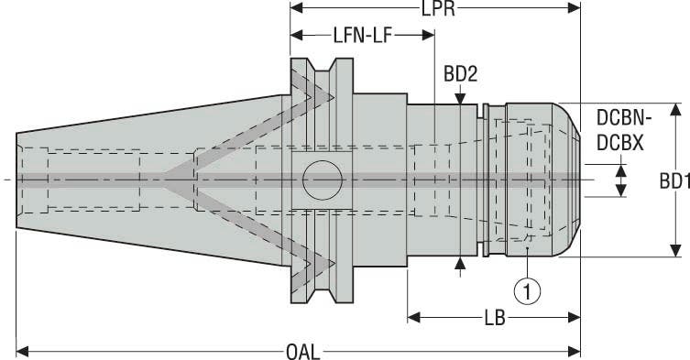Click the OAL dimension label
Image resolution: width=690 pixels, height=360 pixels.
pyautogui.click(x=299, y=349)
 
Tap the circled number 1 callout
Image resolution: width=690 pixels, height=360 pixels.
pyautogui.click(x=526, y=291)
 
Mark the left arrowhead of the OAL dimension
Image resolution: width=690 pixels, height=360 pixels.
pyautogui.click(x=23, y=349)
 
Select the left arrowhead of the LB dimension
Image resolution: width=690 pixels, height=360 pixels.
pyautogui.click(x=413, y=317)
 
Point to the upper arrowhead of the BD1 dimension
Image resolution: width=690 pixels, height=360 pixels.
pyautogui.click(x=674, y=110)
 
